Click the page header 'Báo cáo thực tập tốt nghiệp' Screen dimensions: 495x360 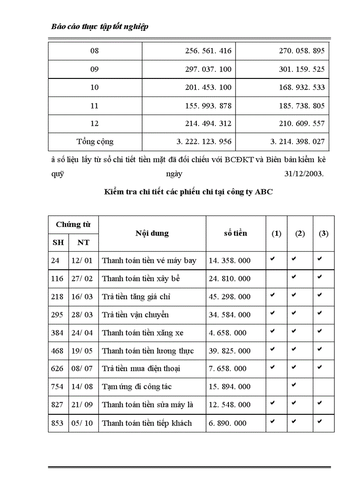click(x=100, y=26)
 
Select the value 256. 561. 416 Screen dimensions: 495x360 click(x=208, y=51)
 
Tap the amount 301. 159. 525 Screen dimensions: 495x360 click(x=302, y=69)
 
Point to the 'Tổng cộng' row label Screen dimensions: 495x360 click(x=95, y=142)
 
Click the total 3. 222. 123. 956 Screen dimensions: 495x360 click(x=203, y=142)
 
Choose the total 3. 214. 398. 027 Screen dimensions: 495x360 click(x=297, y=142)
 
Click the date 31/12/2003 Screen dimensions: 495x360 click(x=304, y=174)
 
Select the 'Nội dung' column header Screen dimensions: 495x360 click(x=152, y=234)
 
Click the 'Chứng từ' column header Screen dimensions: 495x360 click(x=73, y=225)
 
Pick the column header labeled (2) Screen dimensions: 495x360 click(x=300, y=234)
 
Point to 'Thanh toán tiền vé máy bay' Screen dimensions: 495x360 click(x=149, y=261)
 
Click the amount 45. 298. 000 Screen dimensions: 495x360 click(x=229, y=297)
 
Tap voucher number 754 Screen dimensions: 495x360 click(x=57, y=387)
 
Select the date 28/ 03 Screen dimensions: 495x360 click(x=82, y=315)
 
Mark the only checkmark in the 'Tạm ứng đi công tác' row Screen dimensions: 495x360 click(x=294, y=385)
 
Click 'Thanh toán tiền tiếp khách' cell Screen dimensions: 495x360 click(x=147, y=423)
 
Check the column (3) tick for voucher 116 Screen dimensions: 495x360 click(x=319, y=277)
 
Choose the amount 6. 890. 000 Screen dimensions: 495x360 click(x=228, y=423)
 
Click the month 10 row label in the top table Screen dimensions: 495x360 click(x=95, y=87)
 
